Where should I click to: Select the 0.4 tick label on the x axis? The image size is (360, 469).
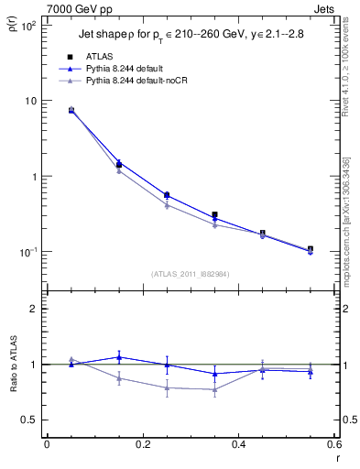click(238, 445)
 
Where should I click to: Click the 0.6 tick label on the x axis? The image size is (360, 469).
click(333, 445)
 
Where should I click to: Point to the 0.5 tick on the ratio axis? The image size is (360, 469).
click(30, 420)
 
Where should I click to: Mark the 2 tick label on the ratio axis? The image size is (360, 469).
click(34, 309)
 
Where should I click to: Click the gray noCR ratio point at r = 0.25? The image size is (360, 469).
click(167, 387)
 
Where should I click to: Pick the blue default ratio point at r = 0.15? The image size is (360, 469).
click(119, 357)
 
